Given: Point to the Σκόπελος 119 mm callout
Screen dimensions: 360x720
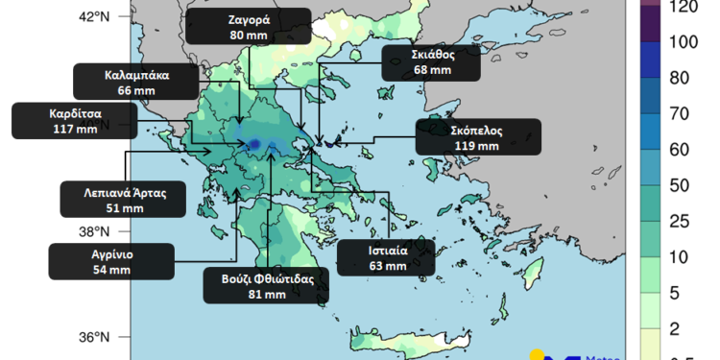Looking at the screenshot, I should tap(477, 137).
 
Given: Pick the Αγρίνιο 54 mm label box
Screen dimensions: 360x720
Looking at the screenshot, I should tap(112, 262).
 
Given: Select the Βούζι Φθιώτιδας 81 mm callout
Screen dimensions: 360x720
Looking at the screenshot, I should tap(267, 286).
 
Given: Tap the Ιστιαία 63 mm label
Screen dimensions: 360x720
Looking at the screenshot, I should tap(388, 258).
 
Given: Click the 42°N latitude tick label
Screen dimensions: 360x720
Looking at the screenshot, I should tap(93, 16).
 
